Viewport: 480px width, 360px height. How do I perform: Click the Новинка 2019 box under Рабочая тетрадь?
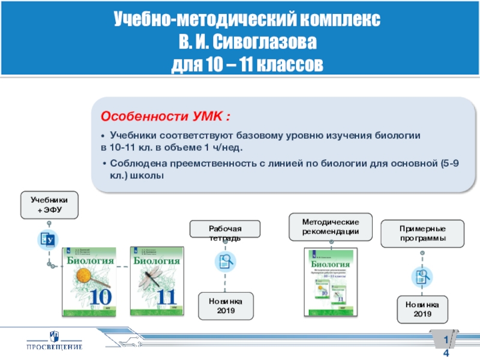click(226, 306)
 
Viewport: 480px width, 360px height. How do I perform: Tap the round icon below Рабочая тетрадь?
click(226, 261)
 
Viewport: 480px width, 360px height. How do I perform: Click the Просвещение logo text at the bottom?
click(54, 346)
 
